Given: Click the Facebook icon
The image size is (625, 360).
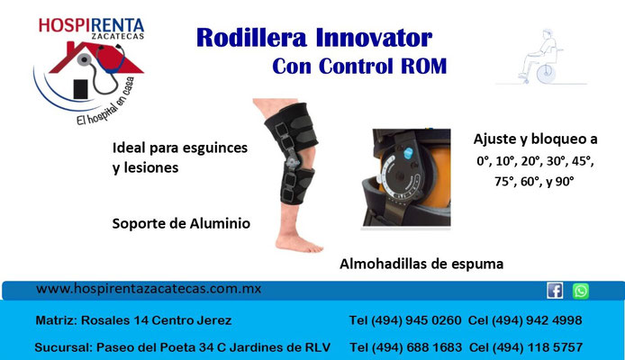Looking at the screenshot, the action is click(x=555, y=291).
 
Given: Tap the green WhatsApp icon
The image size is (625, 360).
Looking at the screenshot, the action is click(x=580, y=291).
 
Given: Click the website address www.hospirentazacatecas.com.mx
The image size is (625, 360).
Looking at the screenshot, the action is click(x=149, y=289).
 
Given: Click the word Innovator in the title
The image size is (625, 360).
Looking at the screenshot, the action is click(x=374, y=38).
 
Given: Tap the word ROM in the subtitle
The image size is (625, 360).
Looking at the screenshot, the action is click(x=423, y=66).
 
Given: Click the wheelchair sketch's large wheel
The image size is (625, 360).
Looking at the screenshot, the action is click(x=546, y=74).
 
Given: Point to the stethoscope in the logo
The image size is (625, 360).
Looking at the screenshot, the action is click(x=103, y=67).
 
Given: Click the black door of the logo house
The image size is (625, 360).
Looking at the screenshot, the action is click(x=80, y=89).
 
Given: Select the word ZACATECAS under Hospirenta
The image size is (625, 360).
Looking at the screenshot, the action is click(x=118, y=36).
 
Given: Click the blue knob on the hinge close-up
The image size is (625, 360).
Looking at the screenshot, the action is click(x=409, y=153).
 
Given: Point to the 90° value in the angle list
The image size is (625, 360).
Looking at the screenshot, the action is click(x=565, y=182).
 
